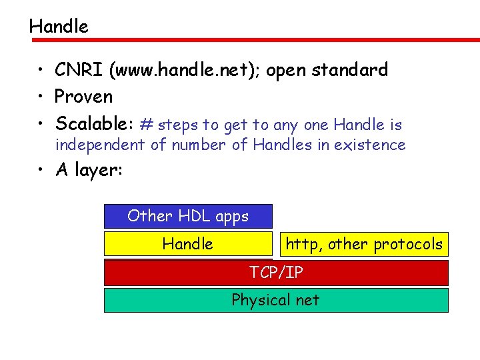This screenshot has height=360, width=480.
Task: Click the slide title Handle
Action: pyautogui.click(x=59, y=27)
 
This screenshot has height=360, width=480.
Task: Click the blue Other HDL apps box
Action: pyautogui.click(x=188, y=216)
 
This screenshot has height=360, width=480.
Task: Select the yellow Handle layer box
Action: pyautogui.click(x=188, y=244)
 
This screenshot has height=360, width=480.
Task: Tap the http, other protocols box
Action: pyautogui.click(x=363, y=244)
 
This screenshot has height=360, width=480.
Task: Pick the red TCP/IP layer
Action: pyautogui.click(x=276, y=272)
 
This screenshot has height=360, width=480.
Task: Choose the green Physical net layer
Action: pyautogui.click(x=276, y=300)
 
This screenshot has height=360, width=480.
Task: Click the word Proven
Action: pyautogui.click(x=84, y=97)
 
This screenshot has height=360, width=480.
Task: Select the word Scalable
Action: pyautogui.click(x=93, y=124)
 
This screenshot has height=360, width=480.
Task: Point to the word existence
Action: pyautogui.click(x=371, y=145)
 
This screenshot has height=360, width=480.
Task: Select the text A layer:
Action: pyautogui.click(x=89, y=171)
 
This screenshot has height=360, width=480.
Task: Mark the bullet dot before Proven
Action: pyautogui.click(x=41, y=97)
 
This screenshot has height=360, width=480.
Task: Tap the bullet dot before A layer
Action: pyautogui.click(x=41, y=171)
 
